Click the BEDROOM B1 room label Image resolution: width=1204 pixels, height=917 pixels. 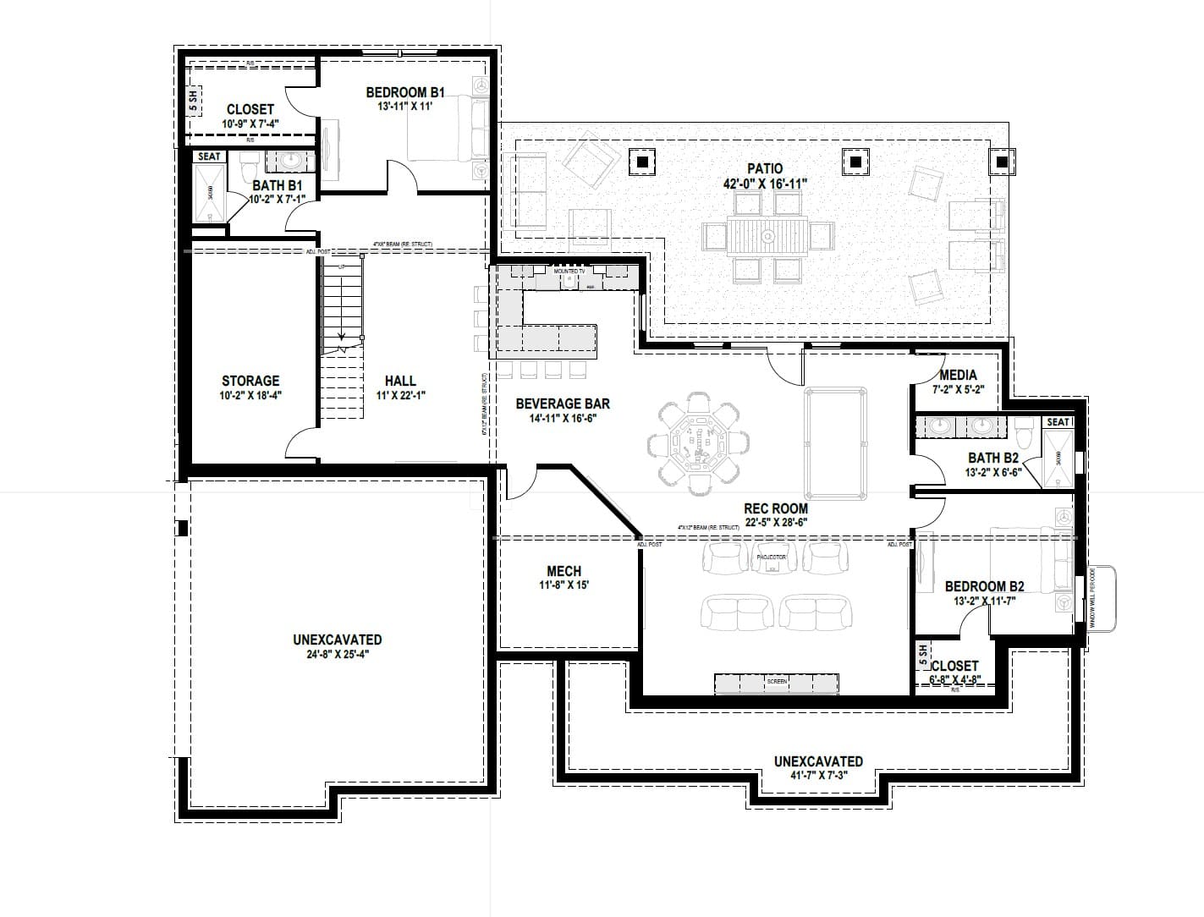pos(405,93)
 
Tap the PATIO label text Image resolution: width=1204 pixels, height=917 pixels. pos(765,169)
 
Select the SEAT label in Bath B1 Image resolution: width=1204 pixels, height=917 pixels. pos(209,156)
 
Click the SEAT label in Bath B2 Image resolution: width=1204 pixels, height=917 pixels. pos(1058,422)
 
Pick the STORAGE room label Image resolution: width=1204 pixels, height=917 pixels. pos(250,382)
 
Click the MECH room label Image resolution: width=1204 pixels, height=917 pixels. pos(564,572)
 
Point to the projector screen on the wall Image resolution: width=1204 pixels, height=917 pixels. pos(776,682)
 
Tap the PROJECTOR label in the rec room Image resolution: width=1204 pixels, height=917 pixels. pos(770,557)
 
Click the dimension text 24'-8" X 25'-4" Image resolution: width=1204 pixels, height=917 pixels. pos(337,654)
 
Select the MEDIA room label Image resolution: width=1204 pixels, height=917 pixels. pos(958,375)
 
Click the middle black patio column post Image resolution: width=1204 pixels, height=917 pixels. pos(855,161)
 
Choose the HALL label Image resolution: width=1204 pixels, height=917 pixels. pos(400,382)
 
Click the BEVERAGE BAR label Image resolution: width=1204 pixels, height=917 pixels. pos(563,404)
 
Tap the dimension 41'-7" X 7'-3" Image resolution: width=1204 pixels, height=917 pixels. pos(818,776)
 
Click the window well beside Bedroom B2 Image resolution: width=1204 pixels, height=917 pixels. pos(1102,598)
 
